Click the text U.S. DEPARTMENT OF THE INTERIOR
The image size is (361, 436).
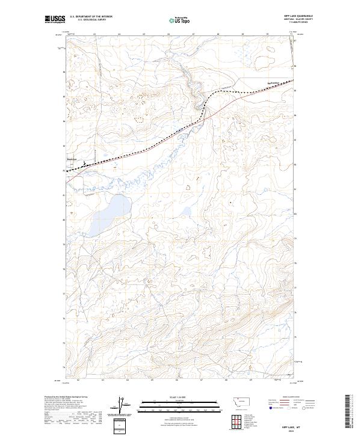point(91,17)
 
